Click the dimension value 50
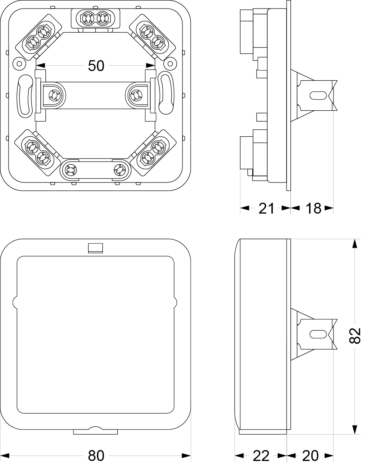click(x=96, y=66)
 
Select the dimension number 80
click(x=96, y=456)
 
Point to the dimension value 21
click(x=266, y=209)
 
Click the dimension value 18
click(x=313, y=209)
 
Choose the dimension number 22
click(x=261, y=456)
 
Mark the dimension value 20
click(x=310, y=456)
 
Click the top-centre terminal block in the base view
click(x=95, y=18)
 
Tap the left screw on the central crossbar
click(x=53, y=94)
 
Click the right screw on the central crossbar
click(x=137, y=94)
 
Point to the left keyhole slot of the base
click(x=25, y=95)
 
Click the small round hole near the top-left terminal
click(x=18, y=62)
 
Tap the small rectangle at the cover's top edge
click(x=96, y=248)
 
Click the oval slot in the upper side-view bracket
click(x=317, y=95)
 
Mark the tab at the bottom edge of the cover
click(x=96, y=431)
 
